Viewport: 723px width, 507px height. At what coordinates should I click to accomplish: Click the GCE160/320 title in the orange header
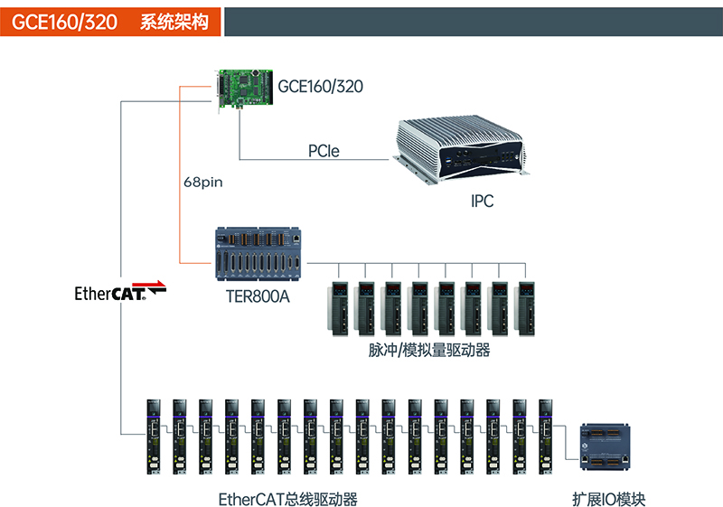click(x=64, y=22)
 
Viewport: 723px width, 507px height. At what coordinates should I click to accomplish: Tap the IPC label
click(x=482, y=202)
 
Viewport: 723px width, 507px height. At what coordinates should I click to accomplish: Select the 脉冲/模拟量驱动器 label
click(x=429, y=350)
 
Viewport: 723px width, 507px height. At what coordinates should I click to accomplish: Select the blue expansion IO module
click(x=606, y=447)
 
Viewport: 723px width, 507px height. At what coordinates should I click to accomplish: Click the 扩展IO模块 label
click(x=608, y=498)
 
